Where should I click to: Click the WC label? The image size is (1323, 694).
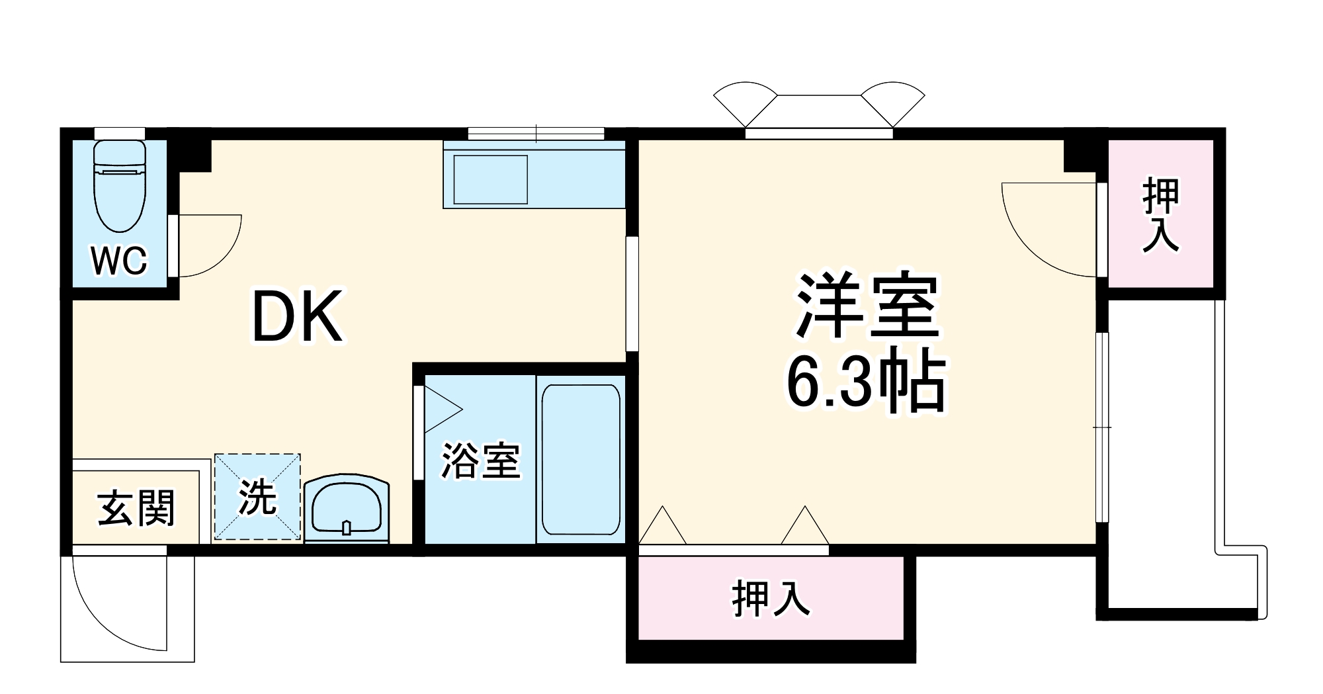(119, 261)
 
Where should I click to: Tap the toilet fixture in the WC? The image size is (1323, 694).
(119, 185)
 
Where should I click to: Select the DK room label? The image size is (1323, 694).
(297, 317)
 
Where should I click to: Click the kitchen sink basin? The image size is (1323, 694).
(490, 179)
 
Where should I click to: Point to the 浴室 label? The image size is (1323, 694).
(481, 460)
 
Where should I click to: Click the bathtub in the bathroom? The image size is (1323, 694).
(581, 460)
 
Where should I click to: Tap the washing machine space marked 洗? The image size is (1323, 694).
(257, 497)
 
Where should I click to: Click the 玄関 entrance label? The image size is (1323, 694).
(136, 508)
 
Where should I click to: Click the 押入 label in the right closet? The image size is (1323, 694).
(1161, 214)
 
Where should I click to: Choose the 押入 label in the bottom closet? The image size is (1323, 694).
(771, 598)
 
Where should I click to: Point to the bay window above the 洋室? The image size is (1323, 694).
(819, 109)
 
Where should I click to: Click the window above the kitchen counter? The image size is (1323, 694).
(536, 134)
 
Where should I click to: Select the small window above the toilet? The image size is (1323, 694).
(120, 133)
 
